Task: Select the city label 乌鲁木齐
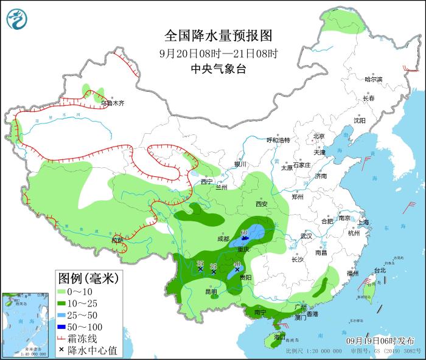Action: click(x=113, y=103)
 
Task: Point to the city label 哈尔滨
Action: click(x=373, y=80)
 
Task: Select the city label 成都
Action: click(x=222, y=239)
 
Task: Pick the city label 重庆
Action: click(x=243, y=249)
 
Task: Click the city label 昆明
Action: click(x=211, y=291)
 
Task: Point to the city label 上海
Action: click(x=363, y=223)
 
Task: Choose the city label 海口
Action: click(x=279, y=336)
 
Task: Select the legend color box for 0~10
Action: click(x=61, y=292)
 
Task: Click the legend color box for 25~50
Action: click(x=61, y=316)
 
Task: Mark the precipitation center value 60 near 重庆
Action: click(x=244, y=232)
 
